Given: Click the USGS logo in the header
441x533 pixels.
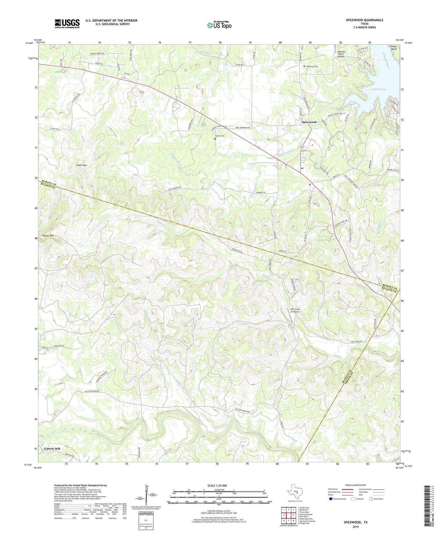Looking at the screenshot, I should pyautogui.click(x=67, y=24).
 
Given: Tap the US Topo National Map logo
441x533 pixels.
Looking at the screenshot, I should pyautogui.click(x=219, y=25).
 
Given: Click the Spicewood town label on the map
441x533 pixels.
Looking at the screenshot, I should pyautogui.click(x=309, y=122).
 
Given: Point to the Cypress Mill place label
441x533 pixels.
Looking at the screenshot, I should pyautogui.click(x=52, y=448).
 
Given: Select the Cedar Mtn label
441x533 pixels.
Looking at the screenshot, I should pyautogui.click(x=81, y=165).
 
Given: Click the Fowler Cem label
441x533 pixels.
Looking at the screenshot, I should pyautogui.click(x=220, y=136).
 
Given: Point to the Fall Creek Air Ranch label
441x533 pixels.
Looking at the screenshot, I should pyautogui.click(x=295, y=310).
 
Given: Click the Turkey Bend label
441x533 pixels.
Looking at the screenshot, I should pyautogui.click(x=393, y=48).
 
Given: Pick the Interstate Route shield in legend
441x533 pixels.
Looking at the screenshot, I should pyautogui.click(x=331, y=499).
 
